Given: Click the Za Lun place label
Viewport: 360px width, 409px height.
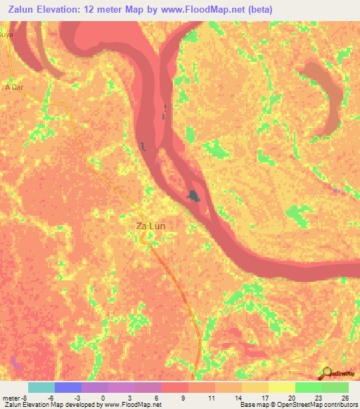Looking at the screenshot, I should pos(150,226).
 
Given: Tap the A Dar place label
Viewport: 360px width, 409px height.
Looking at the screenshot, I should pos(14,88).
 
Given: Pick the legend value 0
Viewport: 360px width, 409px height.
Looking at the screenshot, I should pos(103,397).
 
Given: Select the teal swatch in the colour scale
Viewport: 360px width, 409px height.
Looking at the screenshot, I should pos(41,387).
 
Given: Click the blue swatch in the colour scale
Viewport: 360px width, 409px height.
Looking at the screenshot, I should pos(68,387).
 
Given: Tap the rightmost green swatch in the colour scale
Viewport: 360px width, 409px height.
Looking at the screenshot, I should pos(335,387).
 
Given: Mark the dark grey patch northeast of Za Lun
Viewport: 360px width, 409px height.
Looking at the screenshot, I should pos(193,197).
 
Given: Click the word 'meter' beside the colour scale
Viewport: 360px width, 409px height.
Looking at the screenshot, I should pos(12,397).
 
